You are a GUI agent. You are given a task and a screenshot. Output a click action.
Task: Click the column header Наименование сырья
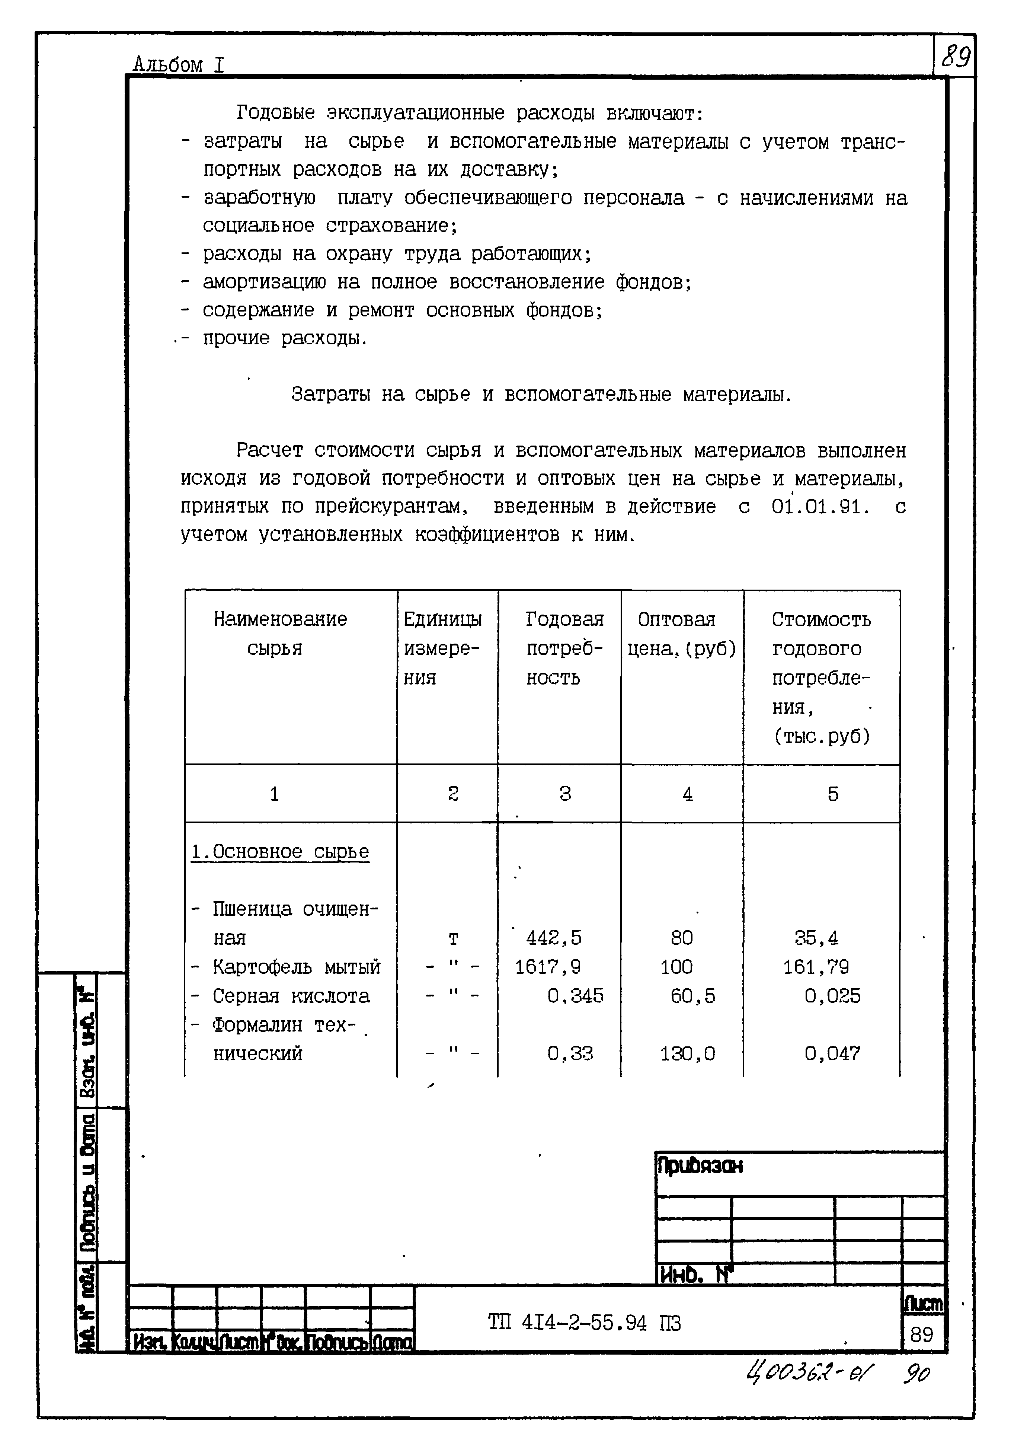(279, 633)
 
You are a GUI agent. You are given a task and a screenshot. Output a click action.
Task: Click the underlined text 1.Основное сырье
(280, 852)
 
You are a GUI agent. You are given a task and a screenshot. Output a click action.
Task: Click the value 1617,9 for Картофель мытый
(547, 967)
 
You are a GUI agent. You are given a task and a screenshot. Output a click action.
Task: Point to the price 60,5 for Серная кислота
(692, 996)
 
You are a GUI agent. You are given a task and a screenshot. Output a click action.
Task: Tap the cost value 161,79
(816, 967)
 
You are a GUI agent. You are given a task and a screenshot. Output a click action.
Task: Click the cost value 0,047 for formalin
(832, 1053)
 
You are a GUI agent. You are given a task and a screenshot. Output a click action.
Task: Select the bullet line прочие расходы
(284, 339)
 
